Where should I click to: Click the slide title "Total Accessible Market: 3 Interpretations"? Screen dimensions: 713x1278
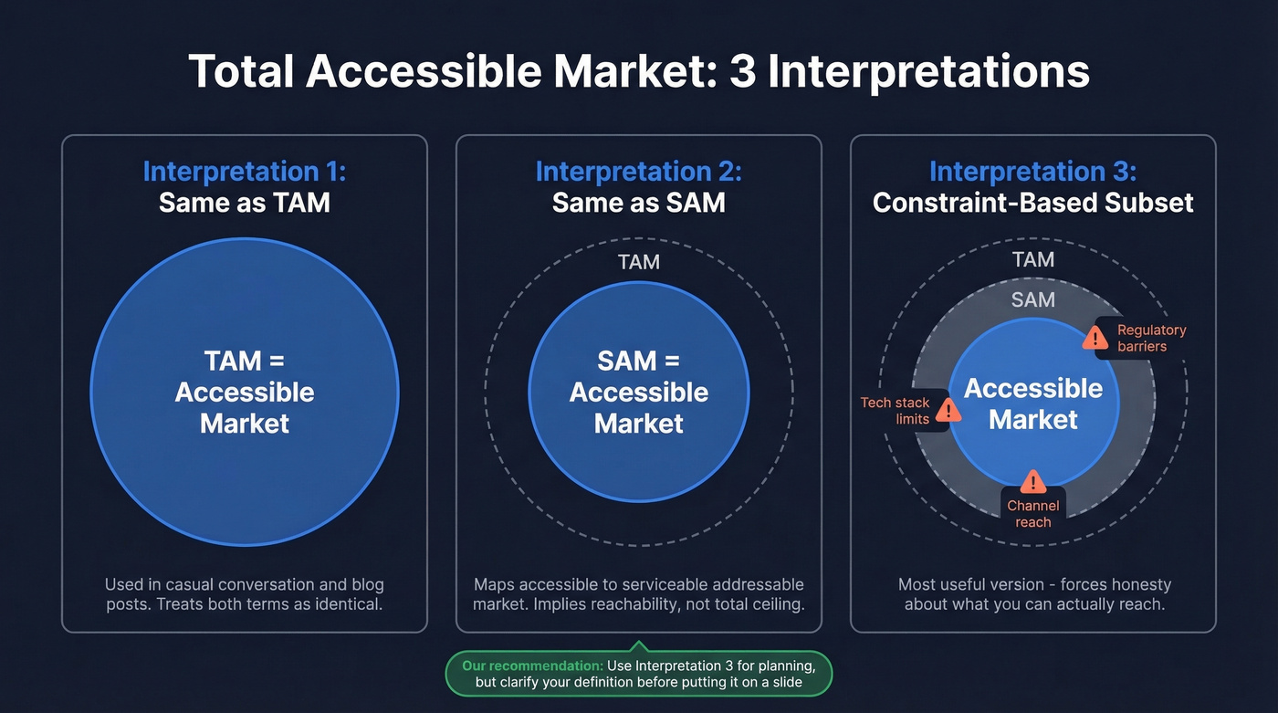639,71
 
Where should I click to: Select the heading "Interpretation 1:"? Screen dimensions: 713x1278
245,172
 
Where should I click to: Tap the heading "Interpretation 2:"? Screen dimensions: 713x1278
639,172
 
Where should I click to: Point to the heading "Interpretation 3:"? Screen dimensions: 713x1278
1032,172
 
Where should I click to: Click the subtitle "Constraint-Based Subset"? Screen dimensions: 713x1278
1032,202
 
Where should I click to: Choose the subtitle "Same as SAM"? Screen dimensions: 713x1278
639,202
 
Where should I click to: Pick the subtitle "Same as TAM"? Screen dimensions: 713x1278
245,202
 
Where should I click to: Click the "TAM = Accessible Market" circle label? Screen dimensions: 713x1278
245,393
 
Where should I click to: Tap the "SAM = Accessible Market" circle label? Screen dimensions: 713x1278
639,393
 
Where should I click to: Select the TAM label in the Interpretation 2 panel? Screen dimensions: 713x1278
639,263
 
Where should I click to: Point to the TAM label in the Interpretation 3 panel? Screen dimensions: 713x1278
1032,260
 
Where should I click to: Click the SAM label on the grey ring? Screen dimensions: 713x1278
1032,299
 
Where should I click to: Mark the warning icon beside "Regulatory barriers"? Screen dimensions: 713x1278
1095,339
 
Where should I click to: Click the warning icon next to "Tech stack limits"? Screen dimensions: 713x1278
949,411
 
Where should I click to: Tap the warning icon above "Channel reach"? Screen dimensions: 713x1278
1032,481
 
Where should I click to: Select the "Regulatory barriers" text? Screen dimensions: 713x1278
1151,338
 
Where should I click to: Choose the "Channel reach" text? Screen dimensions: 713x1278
1032,514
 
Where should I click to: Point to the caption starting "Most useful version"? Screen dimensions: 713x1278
1033,593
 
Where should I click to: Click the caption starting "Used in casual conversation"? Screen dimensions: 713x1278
245,593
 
